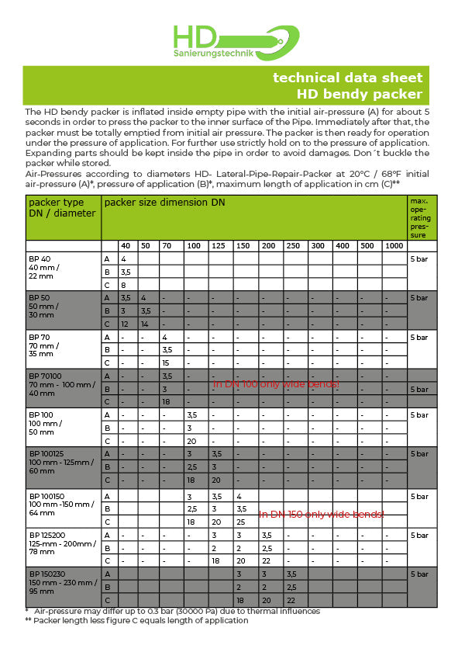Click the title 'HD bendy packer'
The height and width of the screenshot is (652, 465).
point(360,94)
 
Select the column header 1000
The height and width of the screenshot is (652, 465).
point(394,246)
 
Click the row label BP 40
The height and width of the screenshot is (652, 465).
point(40,258)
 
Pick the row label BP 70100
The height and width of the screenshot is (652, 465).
point(44,376)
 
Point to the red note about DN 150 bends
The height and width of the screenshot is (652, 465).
point(321,514)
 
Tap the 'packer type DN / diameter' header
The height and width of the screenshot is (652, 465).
point(62,208)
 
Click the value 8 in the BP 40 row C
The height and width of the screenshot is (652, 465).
point(123,285)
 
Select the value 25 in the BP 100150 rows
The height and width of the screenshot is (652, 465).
point(241,522)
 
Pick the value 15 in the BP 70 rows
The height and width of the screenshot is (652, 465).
point(165,362)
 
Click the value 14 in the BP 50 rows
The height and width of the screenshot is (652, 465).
point(145,324)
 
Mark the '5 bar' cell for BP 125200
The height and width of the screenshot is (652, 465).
point(418,536)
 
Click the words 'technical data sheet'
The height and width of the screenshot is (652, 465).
point(347,78)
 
